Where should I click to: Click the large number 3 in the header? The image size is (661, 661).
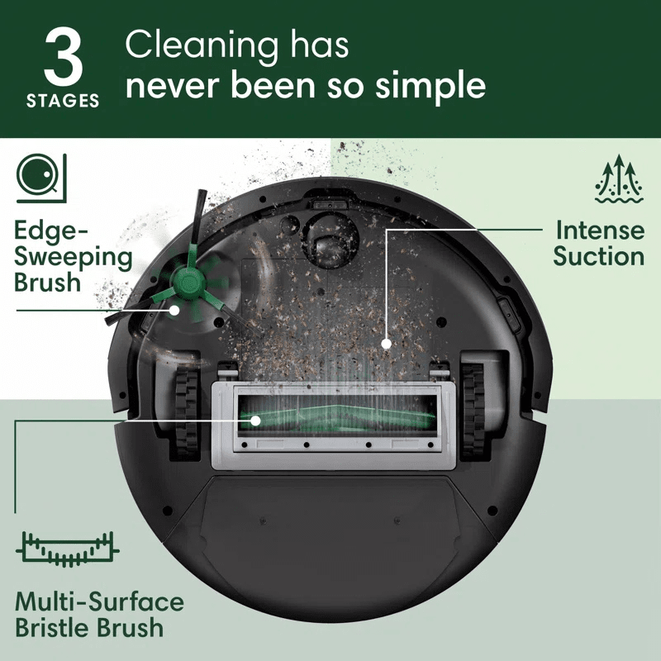pyautogui.click(x=62, y=57)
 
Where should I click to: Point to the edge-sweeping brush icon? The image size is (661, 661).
pyautogui.click(x=38, y=176)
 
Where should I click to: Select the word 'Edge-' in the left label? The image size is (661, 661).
pyautogui.click(x=51, y=231)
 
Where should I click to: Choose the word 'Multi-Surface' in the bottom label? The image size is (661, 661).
pyautogui.click(x=100, y=601)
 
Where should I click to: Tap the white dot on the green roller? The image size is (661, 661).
pyautogui.click(x=256, y=421)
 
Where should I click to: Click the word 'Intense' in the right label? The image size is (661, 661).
pyautogui.click(x=599, y=229)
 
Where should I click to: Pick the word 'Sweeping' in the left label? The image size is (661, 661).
pyautogui.click(x=74, y=256)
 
